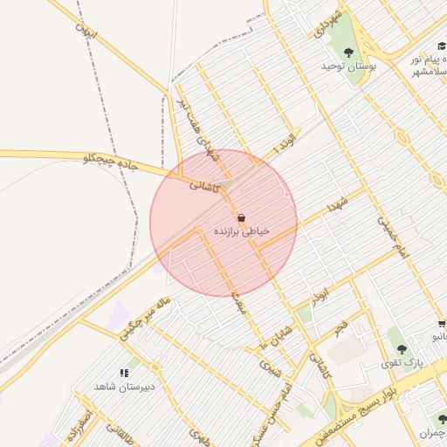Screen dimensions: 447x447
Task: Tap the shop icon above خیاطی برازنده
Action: point(241,217)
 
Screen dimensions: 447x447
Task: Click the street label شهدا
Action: point(338,206)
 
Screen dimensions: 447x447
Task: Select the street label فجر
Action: point(340,328)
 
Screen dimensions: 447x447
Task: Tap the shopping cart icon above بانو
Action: point(442,323)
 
